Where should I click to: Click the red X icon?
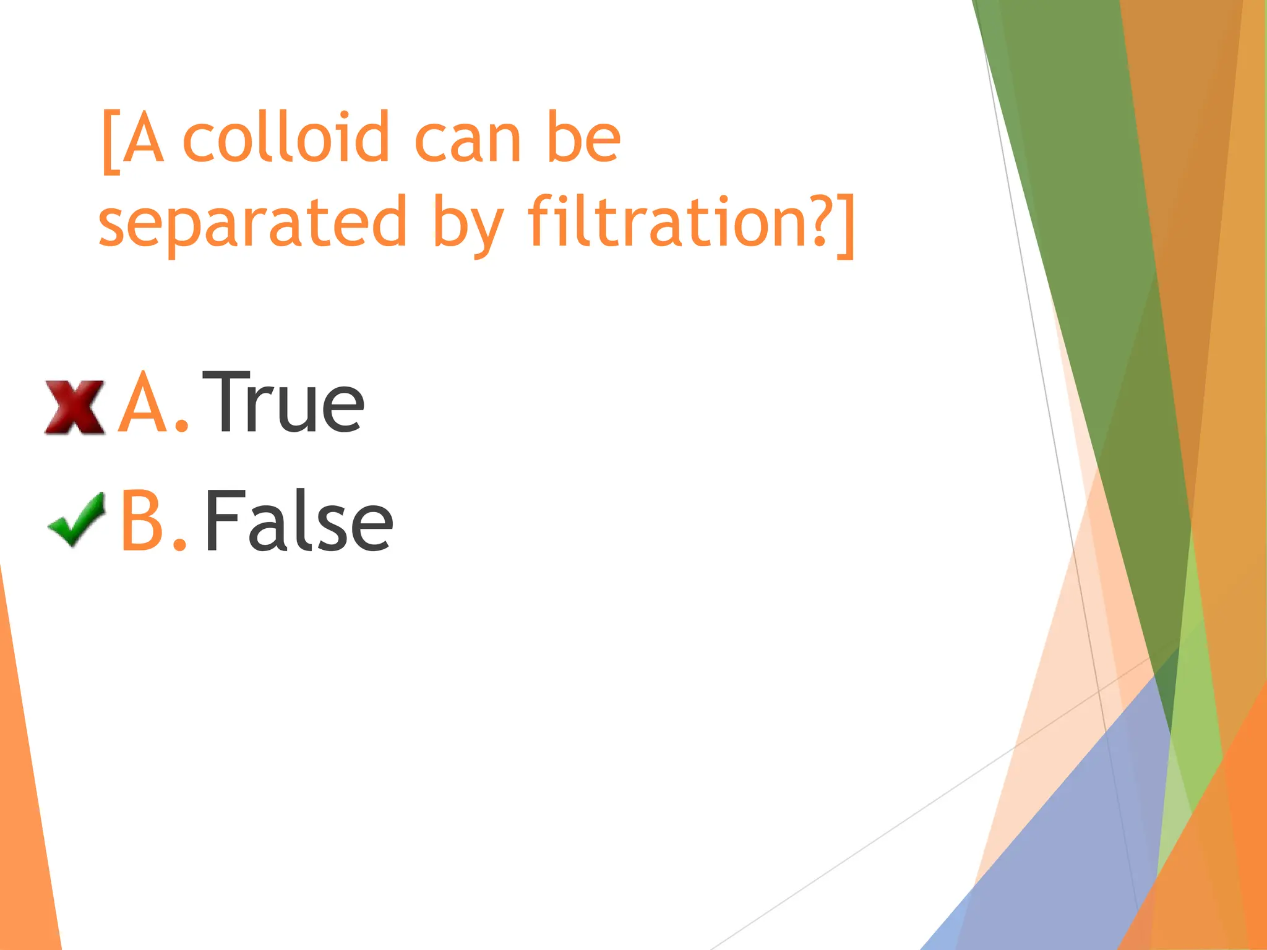[x=75, y=406]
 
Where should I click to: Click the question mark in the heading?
[x=818, y=221]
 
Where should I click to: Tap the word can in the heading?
[x=467, y=140]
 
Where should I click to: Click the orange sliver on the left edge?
[x=25, y=804]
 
